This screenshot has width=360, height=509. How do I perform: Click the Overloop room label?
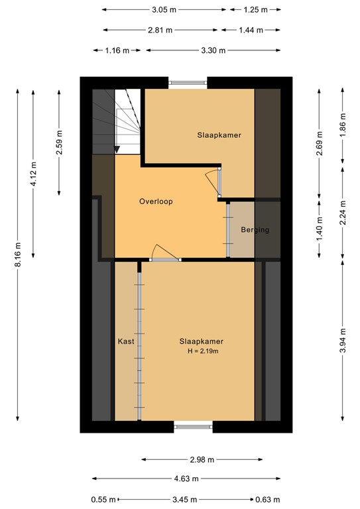click(156, 201)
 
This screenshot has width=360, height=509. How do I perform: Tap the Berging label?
click(255, 230)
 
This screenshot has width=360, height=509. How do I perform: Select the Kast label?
click(126, 341)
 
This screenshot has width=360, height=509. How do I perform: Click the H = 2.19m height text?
click(203, 351)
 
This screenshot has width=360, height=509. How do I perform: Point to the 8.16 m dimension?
click(18, 254)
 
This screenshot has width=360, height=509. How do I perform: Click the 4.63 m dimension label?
click(186, 479)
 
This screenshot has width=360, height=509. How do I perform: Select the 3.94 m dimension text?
click(343, 340)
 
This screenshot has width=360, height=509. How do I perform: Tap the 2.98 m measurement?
click(202, 459)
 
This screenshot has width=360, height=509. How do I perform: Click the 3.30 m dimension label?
click(213, 50)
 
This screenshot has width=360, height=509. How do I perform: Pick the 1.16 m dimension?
click(117, 50)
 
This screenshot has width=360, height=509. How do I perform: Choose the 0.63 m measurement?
click(267, 499)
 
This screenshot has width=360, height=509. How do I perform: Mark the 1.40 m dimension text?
click(320, 229)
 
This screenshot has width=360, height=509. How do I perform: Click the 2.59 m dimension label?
click(60, 143)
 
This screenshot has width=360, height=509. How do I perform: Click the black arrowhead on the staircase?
click(117, 150)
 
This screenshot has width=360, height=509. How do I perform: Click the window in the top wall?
click(188, 83)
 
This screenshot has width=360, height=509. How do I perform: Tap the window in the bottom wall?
click(193, 427)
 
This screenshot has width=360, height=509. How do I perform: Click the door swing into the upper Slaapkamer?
click(213, 184)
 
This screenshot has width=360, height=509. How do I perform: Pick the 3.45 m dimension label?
click(185, 499)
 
